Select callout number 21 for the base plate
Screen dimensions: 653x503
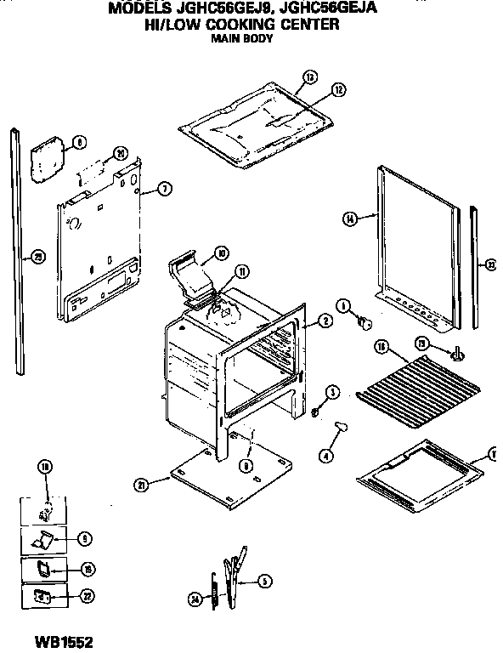click(141, 485)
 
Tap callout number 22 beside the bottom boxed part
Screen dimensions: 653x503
click(87, 597)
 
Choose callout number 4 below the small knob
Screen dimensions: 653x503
click(325, 455)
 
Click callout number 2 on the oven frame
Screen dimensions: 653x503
click(325, 321)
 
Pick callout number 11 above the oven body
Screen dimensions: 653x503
click(242, 272)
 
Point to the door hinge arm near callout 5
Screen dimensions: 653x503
click(233, 578)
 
